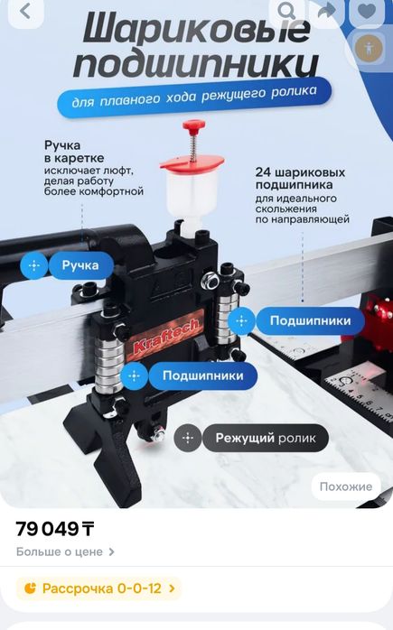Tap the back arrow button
point(24,12)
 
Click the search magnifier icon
point(286,11)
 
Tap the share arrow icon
point(325,11)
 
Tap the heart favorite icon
point(366,11)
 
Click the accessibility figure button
point(368,48)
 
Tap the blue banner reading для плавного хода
point(194,97)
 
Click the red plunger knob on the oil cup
point(192,125)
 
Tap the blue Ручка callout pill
point(80,265)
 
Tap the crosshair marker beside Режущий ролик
point(187,438)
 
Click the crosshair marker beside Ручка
point(34,265)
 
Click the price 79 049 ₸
point(55,529)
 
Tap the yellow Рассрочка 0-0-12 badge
point(99,588)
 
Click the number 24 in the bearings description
point(264,171)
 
